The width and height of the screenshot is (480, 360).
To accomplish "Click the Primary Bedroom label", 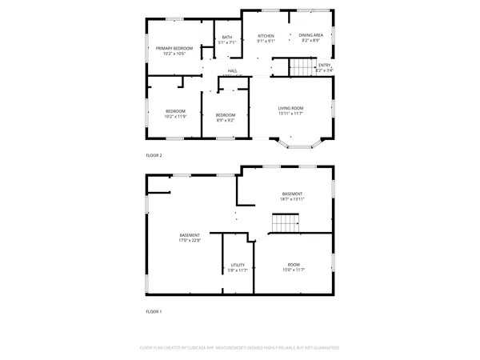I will (x=174, y=48).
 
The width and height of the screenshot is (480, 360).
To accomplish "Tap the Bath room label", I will (x=227, y=37).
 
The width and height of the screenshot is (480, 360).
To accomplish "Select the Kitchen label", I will (x=266, y=36).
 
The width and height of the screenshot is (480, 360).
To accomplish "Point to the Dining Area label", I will (x=311, y=36).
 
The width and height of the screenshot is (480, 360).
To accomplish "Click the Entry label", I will (x=324, y=66).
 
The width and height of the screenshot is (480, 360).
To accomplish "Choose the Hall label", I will (x=232, y=71).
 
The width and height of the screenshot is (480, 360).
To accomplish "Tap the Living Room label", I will (x=290, y=107).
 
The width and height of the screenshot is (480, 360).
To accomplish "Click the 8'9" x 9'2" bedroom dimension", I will (x=225, y=121).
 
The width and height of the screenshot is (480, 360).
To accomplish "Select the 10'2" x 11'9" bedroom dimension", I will (x=175, y=117).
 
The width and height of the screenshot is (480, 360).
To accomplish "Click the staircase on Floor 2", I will (x=300, y=70).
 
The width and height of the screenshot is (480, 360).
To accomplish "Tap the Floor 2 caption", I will (x=153, y=155).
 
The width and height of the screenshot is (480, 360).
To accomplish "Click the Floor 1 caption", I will (x=153, y=311).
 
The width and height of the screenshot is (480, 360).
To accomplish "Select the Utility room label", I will (x=238, y=265).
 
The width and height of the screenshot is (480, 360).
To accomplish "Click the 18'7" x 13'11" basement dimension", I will (x=292, y=198).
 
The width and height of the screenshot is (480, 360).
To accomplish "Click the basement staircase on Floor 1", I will (x=285, y=223).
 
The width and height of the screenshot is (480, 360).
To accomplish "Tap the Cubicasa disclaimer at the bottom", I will (x=240, y=348).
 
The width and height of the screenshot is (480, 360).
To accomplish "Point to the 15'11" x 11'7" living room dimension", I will (x=290, y=113).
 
